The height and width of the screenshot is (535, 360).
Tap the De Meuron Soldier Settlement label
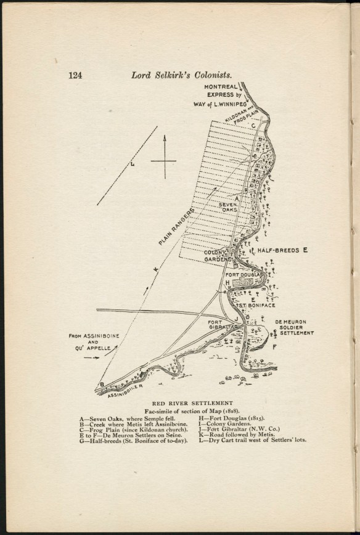tap(294, 327)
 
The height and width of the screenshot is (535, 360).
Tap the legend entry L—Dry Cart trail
tap(252, 439)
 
